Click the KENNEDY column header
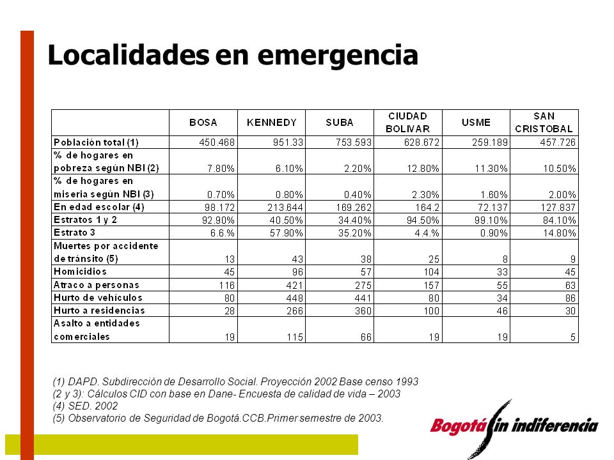pyautogui.click(x=271, y=123)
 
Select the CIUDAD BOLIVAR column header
pyautogui.click(x=407, y=123)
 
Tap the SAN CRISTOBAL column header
pyautogui.click(x=544, y=123)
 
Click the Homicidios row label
pyautogui.click(x=80, y=272)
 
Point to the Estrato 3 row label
pyautogui.click(x=74, y=233)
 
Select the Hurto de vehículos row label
pyautogui.click(x=98, y=298)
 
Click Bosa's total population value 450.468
pyautogui.click(x=217, y=142)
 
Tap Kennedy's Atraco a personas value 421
pyautogui.click(x=294, y=285)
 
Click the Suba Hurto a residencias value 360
pyautogui.click(x=363, y=311)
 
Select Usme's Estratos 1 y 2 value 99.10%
pyautogui.click(x=491, y=220)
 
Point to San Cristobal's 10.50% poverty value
pyautogui.click(x=560, y=169)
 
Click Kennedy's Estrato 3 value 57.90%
pyautogui.click(x=287, y=233)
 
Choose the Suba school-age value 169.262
pyautogui.click(x=354, y=207)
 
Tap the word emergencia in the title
pyautogui.click(x=338, y=56)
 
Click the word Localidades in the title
pyautogui.click(x=129, y=54)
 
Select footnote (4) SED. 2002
pyautogui.click(x=85, y=406)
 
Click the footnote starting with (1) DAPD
pyautogui.click(x=235, y=381)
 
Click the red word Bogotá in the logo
pyautogui.click(x=459, y=425)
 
